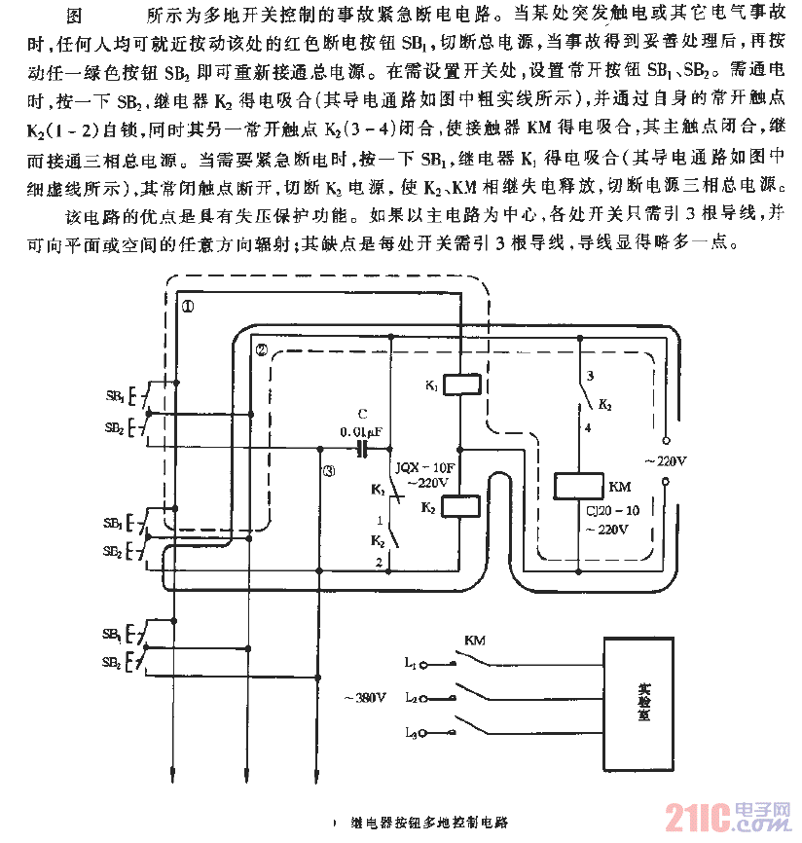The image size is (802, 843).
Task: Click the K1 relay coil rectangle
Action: (x=459, y=385)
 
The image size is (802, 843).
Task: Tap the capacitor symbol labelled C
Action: (x=363, y=449)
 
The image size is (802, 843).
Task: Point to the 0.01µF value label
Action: (x=363, y=431)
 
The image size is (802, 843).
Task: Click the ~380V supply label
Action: (x=365, y=697)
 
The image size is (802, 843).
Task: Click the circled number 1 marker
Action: (x=188, y=306)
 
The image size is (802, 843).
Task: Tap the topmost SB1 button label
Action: (x=114, y=396)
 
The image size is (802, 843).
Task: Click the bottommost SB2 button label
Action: (x=114, y=663)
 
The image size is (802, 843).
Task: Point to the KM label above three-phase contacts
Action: (x=474, y=641)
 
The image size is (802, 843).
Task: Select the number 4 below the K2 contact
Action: (x=586, y=426)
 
